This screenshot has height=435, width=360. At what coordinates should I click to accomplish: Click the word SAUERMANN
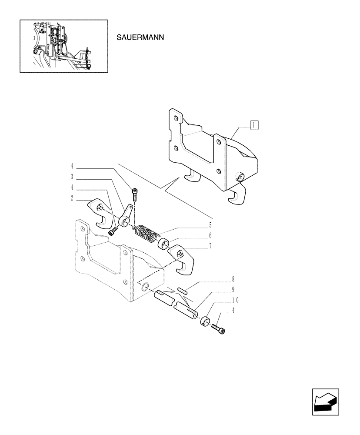point(140,37)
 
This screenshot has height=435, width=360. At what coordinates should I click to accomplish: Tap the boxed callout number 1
point(254,125)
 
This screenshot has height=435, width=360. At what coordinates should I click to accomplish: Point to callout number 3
point(71,177)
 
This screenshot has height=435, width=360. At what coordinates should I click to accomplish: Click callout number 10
point(235,300)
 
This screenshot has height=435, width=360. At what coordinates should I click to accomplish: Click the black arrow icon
point(324,401)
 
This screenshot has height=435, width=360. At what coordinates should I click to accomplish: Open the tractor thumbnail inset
point(63,46)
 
